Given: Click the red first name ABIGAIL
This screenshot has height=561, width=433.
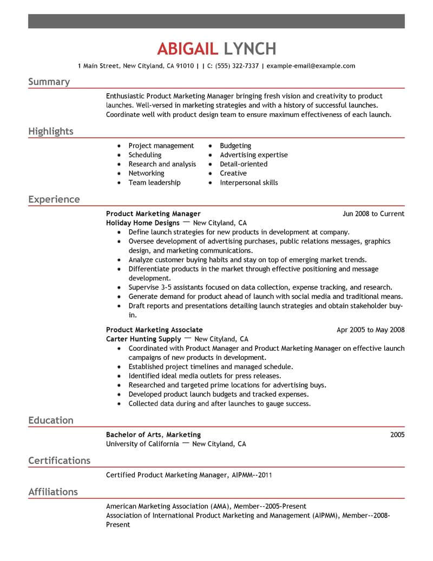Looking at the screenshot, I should click(x=187, y=49).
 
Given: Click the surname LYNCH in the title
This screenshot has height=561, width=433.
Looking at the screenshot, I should click(x=250, y=49).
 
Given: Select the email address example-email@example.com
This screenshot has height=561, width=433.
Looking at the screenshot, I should click(x=311, y=66).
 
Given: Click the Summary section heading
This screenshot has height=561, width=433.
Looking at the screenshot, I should click(x=49, y=82).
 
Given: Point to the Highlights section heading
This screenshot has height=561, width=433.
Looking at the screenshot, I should click(x=51, y=132).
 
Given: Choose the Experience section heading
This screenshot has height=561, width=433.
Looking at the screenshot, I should click(x=54, y=199).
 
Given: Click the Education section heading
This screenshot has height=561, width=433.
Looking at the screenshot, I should click(x=51, y=420).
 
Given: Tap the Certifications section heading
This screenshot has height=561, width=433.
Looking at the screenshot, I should click(x=59, y=461).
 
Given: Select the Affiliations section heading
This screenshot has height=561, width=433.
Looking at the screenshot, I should click(x=53, y=492).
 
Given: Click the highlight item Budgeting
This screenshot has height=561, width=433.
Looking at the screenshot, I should click(x=235, y=146).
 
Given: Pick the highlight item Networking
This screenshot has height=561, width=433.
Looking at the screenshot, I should click(x=146, y=173).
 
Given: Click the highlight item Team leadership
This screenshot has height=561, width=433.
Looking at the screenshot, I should click(x=154, y=183).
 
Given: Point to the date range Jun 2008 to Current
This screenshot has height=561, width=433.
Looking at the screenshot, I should click(x=373, y=214).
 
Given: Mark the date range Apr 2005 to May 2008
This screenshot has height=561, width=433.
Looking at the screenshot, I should click(x=370, y=330).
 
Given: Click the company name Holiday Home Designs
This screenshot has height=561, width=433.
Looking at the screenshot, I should click(x=143, y=223).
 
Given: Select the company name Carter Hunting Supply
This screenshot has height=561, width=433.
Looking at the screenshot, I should click(x=143, y=339).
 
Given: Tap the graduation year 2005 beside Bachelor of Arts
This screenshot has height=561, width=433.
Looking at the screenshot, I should click(x=397, y=435).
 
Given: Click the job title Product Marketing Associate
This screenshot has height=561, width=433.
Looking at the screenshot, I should click(x=154, y=330).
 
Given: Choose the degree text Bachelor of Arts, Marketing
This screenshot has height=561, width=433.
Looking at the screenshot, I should click(x=153, y=435).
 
